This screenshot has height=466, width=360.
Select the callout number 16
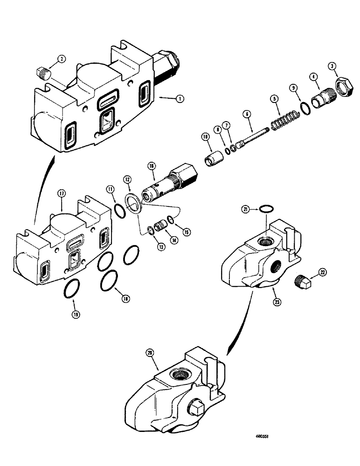click(x=151, y=165)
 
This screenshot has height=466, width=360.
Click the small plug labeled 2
click(x=42, y=72)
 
